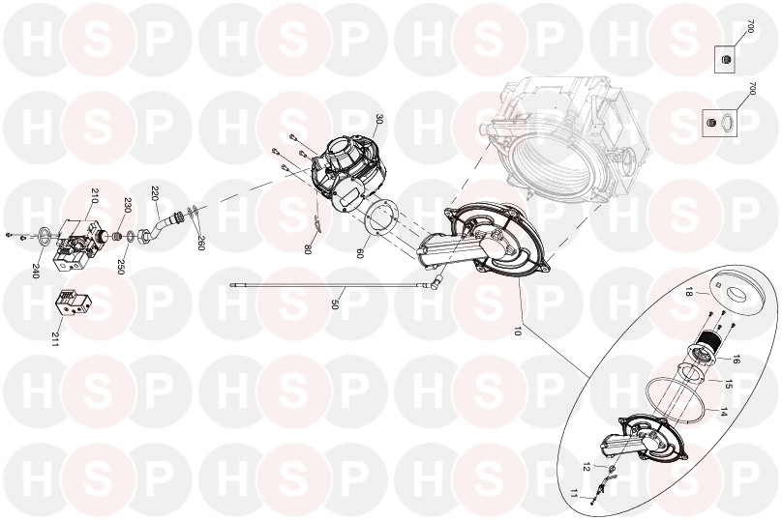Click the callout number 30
tap(379, 120)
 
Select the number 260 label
tap(201, 243)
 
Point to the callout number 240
tap(35, 271)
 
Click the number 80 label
tap(308, 249)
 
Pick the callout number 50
tap(335, 304)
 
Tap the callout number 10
tap(517, 330)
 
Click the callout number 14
tap(724, 413)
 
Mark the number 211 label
tap(54, 339)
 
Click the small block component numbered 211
tap(74, 303)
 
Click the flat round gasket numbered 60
tap(381, 217)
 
